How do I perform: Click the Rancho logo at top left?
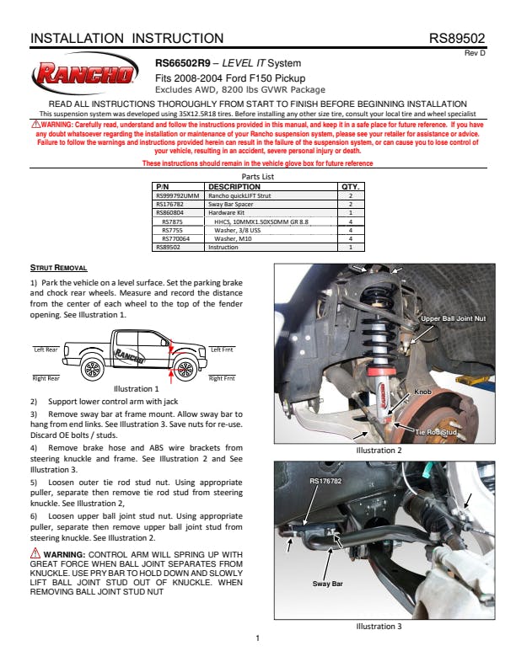point(84,76)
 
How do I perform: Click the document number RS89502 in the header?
point(457,39)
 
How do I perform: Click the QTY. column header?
point(350,186)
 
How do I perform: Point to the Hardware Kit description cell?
point(228,212)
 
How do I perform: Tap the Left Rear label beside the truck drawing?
point(46,349)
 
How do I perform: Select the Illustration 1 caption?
point(137,389)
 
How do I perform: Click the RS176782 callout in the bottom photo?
point(326,481)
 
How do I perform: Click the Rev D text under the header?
point(476,53)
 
